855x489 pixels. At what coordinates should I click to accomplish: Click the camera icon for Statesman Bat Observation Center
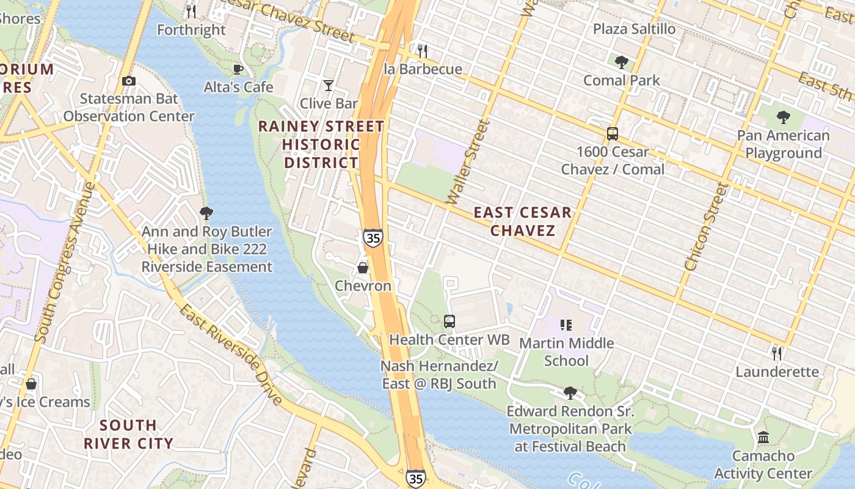point(129,81)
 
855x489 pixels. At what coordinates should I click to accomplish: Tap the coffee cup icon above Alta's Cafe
point(238,70)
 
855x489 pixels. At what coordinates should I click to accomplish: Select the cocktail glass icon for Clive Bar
point(329,86)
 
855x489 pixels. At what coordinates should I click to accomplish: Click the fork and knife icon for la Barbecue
point(422,51)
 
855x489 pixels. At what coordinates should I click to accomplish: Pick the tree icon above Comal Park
point(622,62)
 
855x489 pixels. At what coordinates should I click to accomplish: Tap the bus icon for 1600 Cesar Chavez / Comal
point(612,134)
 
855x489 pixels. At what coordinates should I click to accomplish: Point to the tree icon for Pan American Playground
point(783,117)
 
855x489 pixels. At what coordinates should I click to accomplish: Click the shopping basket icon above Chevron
point(363,268)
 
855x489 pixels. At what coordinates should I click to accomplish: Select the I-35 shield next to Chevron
point(373,237)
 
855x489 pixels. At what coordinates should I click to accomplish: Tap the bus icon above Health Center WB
point(449,321)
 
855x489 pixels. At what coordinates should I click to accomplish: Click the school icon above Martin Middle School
point(566,325)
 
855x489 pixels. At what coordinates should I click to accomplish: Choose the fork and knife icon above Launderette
point(776,353)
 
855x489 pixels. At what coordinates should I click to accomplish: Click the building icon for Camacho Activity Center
point(763,438)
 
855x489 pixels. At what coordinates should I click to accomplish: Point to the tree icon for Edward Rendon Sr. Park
point(570,392)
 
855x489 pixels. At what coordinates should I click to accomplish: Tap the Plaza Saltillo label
point(635,29)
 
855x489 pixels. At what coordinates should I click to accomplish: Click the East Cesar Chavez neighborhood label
point(523,221)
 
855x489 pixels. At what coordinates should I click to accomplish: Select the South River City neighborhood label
point(128,434)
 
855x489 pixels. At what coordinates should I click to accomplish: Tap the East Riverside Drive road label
point(231,355)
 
